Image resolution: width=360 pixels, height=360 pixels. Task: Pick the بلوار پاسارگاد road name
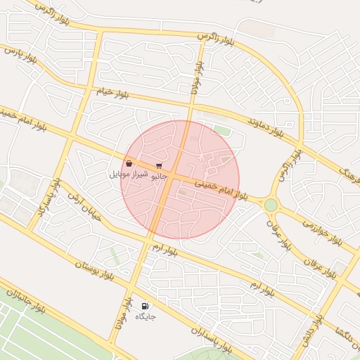coord(46,204)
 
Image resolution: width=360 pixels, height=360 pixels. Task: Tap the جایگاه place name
coord(145,316)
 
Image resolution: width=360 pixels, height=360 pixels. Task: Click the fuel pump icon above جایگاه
coord(145,306)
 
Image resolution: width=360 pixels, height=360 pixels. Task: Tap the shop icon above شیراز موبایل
coord(129,164)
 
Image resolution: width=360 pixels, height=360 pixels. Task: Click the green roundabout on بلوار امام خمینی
coord(271,205)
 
